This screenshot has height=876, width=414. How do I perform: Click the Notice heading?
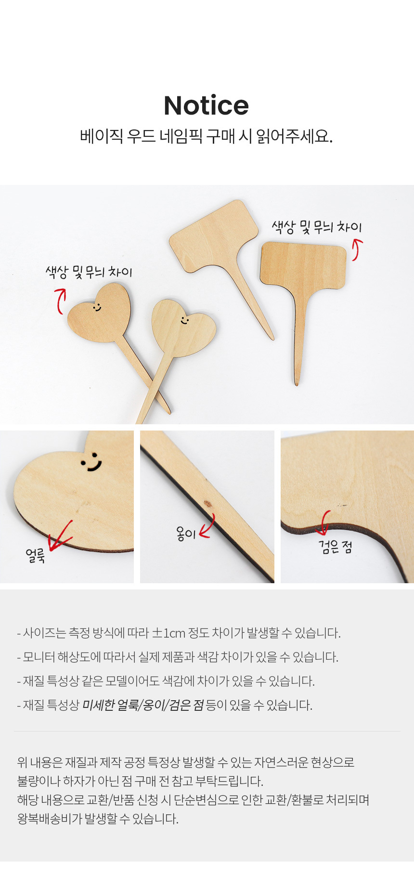(207, 105)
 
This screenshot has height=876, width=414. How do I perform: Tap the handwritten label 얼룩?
(36, 555)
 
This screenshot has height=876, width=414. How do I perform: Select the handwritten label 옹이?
(186, 533)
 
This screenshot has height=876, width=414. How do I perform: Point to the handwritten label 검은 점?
(336, 547)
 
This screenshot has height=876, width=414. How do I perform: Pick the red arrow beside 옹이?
(207, 526)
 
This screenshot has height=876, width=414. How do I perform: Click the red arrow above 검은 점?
(323, 523)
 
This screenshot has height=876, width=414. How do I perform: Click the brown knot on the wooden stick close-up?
(208, 504)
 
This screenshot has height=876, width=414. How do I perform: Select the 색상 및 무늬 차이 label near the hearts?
(89, 272)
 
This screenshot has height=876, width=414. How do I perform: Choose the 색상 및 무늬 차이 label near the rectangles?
(316, 226)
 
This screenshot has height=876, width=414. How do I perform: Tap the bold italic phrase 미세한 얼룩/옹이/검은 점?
(143, 705)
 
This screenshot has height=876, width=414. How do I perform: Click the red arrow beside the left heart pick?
(60, 300)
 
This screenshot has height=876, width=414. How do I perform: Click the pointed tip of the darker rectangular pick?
(297, 384)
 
